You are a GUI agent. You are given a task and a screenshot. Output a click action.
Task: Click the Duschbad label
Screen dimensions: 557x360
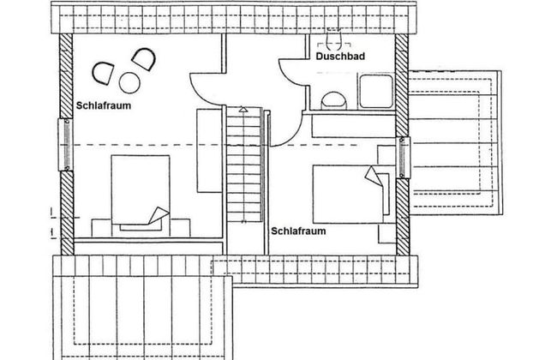pos(340,57)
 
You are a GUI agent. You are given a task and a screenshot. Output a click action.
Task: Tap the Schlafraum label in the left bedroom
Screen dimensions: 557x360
pos(104,105)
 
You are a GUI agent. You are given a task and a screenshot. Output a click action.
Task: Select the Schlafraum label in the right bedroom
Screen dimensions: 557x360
pos(298,231)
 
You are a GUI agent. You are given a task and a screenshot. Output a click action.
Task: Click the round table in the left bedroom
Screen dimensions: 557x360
pos(129,83)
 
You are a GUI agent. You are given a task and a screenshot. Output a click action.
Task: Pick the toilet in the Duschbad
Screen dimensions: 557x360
pos(334,100)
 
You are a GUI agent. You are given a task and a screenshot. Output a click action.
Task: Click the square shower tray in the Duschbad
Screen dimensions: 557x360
pos(376,91)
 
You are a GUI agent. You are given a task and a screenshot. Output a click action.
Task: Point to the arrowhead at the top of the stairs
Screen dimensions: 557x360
pos(243,109)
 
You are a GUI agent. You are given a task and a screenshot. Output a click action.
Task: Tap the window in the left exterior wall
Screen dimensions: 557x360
pos(66,145)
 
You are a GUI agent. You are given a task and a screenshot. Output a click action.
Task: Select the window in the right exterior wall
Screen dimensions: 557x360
pos(403,158)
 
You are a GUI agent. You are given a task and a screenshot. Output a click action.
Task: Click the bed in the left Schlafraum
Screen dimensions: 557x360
pos(141,194)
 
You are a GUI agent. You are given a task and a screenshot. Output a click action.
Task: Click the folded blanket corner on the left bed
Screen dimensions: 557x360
pos(159,215)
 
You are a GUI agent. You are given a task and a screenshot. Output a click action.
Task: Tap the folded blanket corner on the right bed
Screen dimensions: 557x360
pos(373,177)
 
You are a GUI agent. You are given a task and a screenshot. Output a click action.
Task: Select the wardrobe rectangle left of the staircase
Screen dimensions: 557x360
pos(210,151)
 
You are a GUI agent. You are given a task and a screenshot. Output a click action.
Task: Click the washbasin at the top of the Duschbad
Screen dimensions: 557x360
pos(334,39)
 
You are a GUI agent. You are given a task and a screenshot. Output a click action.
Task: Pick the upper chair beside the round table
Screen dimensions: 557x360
pos(144,59)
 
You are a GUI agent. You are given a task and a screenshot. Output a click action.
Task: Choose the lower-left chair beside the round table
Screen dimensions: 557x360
pos(103,73)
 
